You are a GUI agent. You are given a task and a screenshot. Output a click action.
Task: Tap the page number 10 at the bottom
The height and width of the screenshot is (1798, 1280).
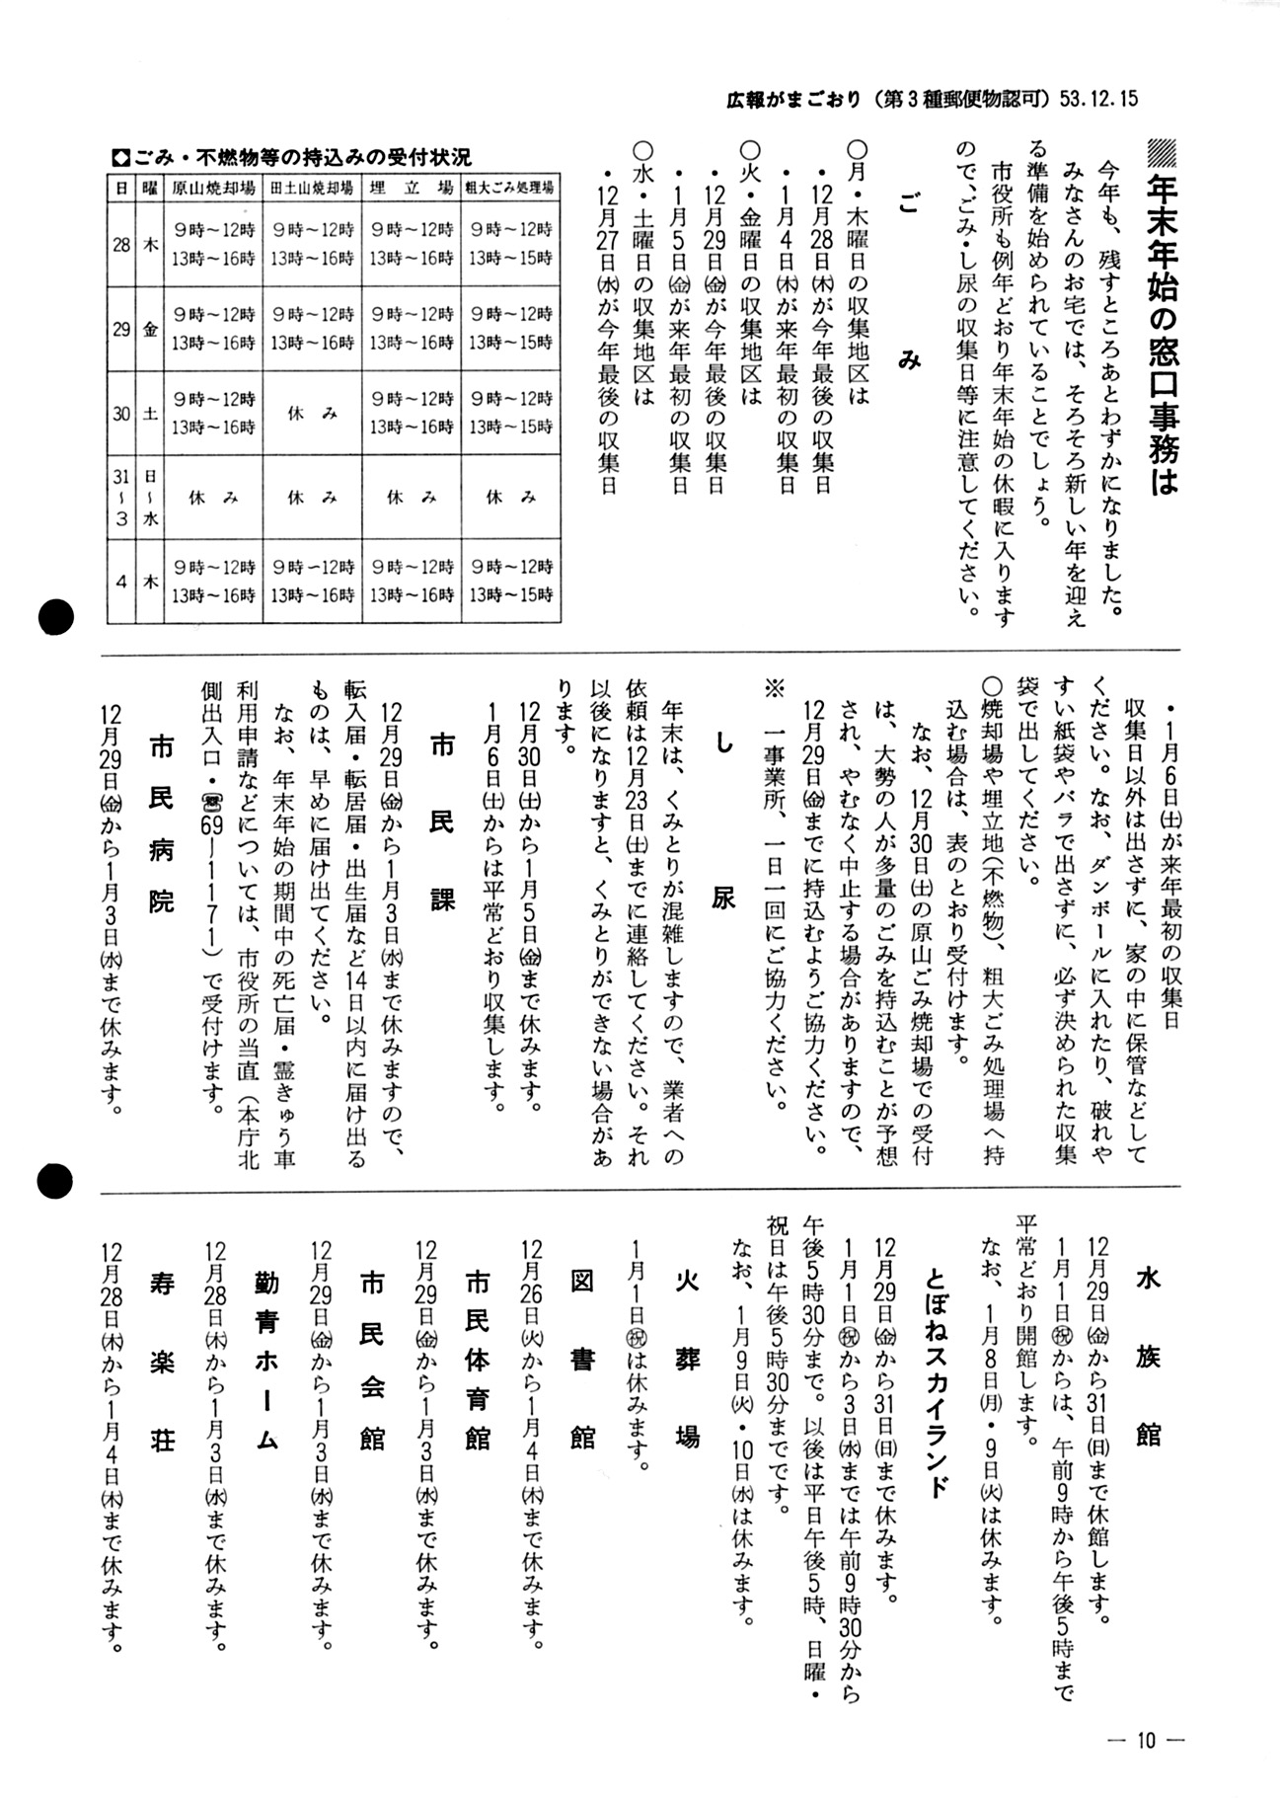1145,1740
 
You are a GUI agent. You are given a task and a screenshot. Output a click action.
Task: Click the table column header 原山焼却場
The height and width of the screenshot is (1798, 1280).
213,188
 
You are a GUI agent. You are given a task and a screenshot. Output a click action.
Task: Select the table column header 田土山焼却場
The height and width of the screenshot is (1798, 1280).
312,188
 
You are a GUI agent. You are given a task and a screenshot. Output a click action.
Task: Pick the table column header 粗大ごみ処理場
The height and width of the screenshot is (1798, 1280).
510,188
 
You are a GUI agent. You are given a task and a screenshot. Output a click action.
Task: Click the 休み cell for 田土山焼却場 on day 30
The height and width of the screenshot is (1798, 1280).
312,415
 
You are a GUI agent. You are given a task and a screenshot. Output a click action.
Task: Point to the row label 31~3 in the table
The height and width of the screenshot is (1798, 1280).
120,499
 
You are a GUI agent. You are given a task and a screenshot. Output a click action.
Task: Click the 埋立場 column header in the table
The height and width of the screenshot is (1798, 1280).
411,188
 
